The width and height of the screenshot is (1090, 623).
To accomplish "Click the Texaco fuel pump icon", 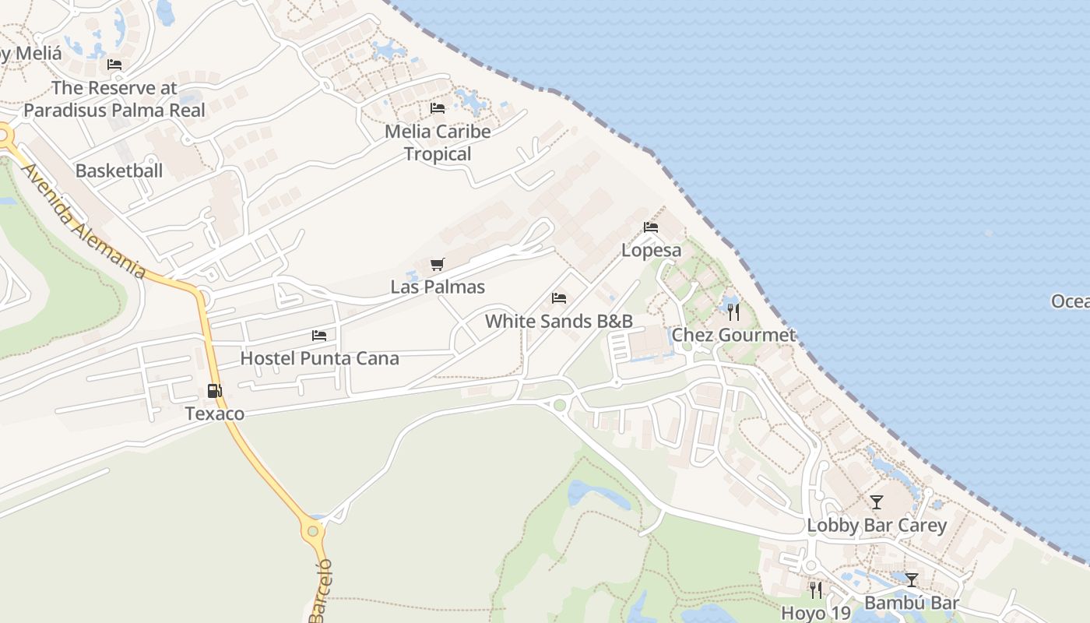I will click(x=214, y=392).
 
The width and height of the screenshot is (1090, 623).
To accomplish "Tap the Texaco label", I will click(x=214, y=414).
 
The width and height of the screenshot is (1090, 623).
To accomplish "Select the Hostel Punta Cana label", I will click(x=319, y=358).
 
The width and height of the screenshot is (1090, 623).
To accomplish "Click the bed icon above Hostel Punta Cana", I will click(x=319, y=336).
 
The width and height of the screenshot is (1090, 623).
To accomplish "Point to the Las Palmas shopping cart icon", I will click(x=438, y=265).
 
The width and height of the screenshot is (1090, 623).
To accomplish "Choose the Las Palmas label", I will click(x=438, y=287).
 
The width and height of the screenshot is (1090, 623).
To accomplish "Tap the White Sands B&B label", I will click(x=558, y=321).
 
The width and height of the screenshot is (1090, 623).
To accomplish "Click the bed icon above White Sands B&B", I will click(x=559, y=298).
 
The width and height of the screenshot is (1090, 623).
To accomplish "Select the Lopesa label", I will click(x=651, y=250).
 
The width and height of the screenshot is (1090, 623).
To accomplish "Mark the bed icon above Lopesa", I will click(x=651, y=227).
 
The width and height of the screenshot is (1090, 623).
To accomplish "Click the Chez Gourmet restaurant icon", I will click(x=733, y=312).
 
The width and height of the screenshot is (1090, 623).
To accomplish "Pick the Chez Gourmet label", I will click(x=733, y=335).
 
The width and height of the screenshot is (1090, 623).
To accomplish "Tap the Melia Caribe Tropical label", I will click(x=438, y=143).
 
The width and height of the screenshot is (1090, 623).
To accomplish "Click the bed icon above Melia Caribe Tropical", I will click(x=438, y=108).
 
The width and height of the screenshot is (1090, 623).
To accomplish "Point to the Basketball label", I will click(x=119, y=171).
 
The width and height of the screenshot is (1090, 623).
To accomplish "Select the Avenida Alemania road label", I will click(x=83, y=221).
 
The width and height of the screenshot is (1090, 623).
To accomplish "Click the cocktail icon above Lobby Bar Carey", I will click(x=877, y=502).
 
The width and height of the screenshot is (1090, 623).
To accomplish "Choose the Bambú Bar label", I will click(x=911, y=603).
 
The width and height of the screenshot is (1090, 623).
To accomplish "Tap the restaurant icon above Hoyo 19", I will click(x=815, y=590).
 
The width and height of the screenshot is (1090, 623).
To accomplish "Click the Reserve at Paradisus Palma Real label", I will click(x=114, y=99).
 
